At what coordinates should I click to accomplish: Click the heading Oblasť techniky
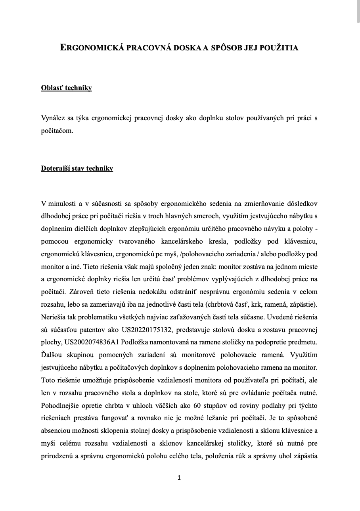(67, 88)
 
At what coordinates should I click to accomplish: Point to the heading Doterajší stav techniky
(77, 169)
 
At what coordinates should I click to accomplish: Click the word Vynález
(53, 118)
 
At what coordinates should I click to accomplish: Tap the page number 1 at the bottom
(179, 478)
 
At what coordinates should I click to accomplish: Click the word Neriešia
(54, 317)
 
